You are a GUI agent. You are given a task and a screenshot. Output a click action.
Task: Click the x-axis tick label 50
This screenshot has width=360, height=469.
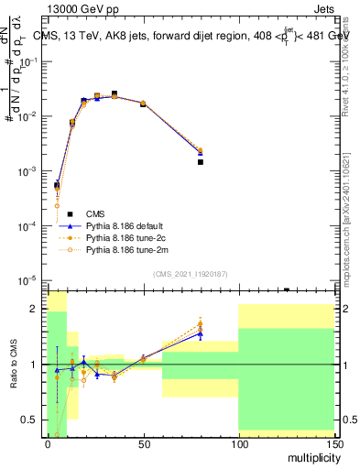click(x=143, y=443)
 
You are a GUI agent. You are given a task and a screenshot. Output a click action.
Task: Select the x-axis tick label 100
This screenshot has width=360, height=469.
click(x=238, y=443)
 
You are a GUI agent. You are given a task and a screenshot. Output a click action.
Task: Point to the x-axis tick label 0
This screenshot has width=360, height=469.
click(x=48, y=443)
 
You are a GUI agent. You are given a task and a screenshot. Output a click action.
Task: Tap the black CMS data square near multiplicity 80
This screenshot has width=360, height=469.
click(x=200, y=161)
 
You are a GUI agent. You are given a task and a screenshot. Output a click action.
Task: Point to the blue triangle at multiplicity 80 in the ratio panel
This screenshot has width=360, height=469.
click(x=200, y=334)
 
